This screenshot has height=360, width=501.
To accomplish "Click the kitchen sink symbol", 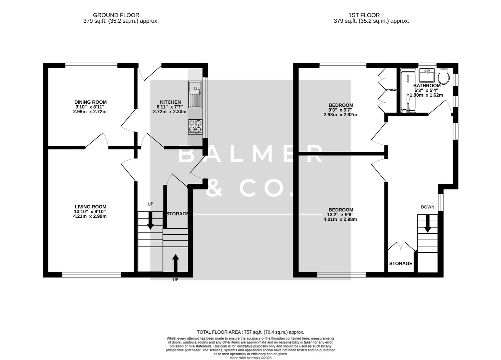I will click(195, 94).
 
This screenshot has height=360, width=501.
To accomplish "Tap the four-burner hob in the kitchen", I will click(195, 127).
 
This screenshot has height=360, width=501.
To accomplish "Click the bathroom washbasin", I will click(427, 75).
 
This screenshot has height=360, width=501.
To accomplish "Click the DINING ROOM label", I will click(90, 102).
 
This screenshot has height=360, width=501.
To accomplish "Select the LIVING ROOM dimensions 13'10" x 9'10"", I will click(90, 211).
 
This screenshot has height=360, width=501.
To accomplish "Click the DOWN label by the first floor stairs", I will click(427, 207).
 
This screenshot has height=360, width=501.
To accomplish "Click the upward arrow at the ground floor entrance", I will click(175, 263).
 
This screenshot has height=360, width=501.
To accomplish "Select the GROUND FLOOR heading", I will click(116, 15).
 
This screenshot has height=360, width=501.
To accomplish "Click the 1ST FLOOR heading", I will click(364, 15).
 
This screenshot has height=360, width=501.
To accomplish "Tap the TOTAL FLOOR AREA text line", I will click(250, 332).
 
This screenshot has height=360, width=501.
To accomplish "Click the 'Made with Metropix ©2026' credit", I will click(250, 358).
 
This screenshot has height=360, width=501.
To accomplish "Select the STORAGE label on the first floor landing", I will click(401, 263).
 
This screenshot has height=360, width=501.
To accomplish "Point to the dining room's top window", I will click(91, 66).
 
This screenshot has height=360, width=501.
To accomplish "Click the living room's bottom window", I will click(91, 275).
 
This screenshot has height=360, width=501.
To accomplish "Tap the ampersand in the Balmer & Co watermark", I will click(214, 188).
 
